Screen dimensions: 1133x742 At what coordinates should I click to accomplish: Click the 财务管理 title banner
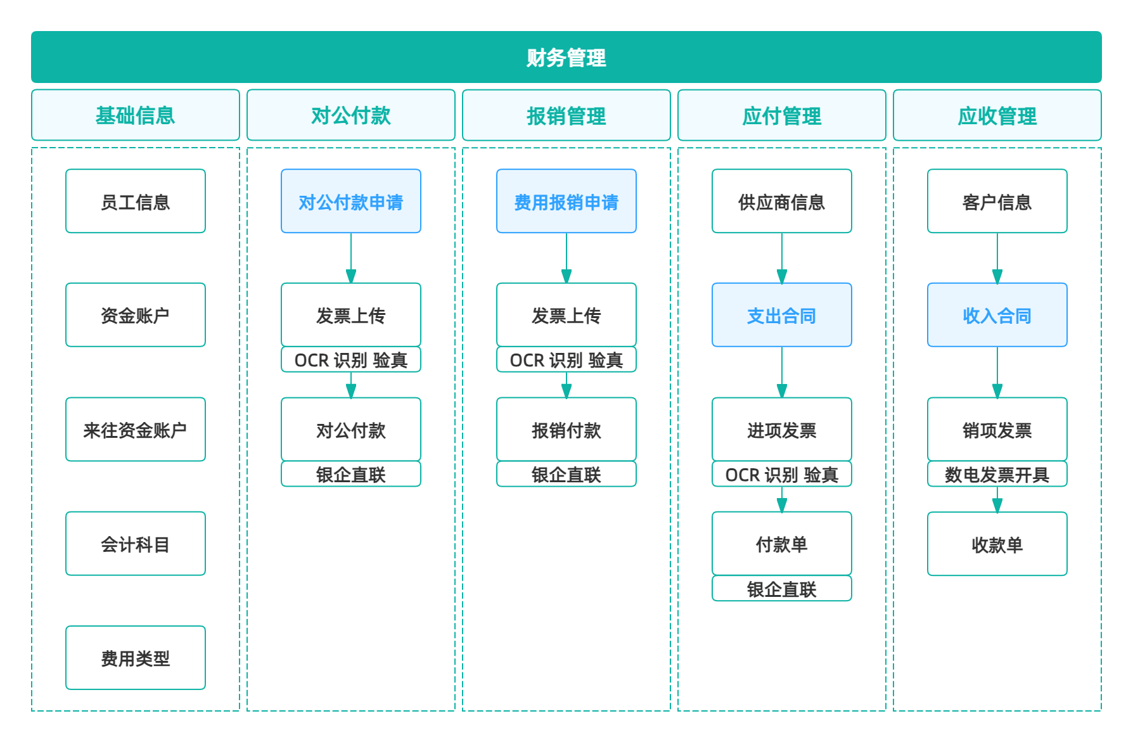coord(566,57)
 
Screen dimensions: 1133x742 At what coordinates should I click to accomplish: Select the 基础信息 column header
coord(136,115)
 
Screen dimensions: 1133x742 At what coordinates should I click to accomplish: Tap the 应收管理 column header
coord(997,115)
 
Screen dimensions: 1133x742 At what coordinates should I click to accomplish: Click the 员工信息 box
coord(136,201)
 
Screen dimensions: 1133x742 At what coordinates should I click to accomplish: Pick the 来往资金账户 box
coord(136,429)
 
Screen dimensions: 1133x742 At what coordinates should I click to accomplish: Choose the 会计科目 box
coord(136,544)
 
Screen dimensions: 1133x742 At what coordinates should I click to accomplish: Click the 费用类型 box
coord(136,658)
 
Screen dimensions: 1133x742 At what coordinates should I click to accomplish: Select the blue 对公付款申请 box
coord(351,201)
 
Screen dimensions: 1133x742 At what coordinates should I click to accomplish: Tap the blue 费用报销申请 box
coord(566,201)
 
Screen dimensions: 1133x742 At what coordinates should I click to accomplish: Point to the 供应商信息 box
coord(782,201)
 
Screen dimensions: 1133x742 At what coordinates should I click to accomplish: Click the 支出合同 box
coord(782,315)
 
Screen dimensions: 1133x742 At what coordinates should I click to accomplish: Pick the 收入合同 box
coord(997,315)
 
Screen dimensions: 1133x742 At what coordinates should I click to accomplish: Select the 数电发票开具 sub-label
coord(997,474)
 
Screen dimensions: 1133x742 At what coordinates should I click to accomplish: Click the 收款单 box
coord(997,544)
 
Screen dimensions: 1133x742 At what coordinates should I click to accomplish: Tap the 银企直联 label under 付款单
coord(782,589)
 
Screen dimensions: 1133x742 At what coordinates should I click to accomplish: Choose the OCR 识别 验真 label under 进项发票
coord(782,474)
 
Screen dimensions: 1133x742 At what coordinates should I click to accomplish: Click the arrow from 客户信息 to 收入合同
coord(997,259)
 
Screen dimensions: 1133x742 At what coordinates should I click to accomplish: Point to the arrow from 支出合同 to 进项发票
coord(782,373)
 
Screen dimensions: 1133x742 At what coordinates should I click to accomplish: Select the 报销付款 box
coord(566,429)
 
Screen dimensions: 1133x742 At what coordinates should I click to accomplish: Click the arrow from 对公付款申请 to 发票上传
coord(351,259)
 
